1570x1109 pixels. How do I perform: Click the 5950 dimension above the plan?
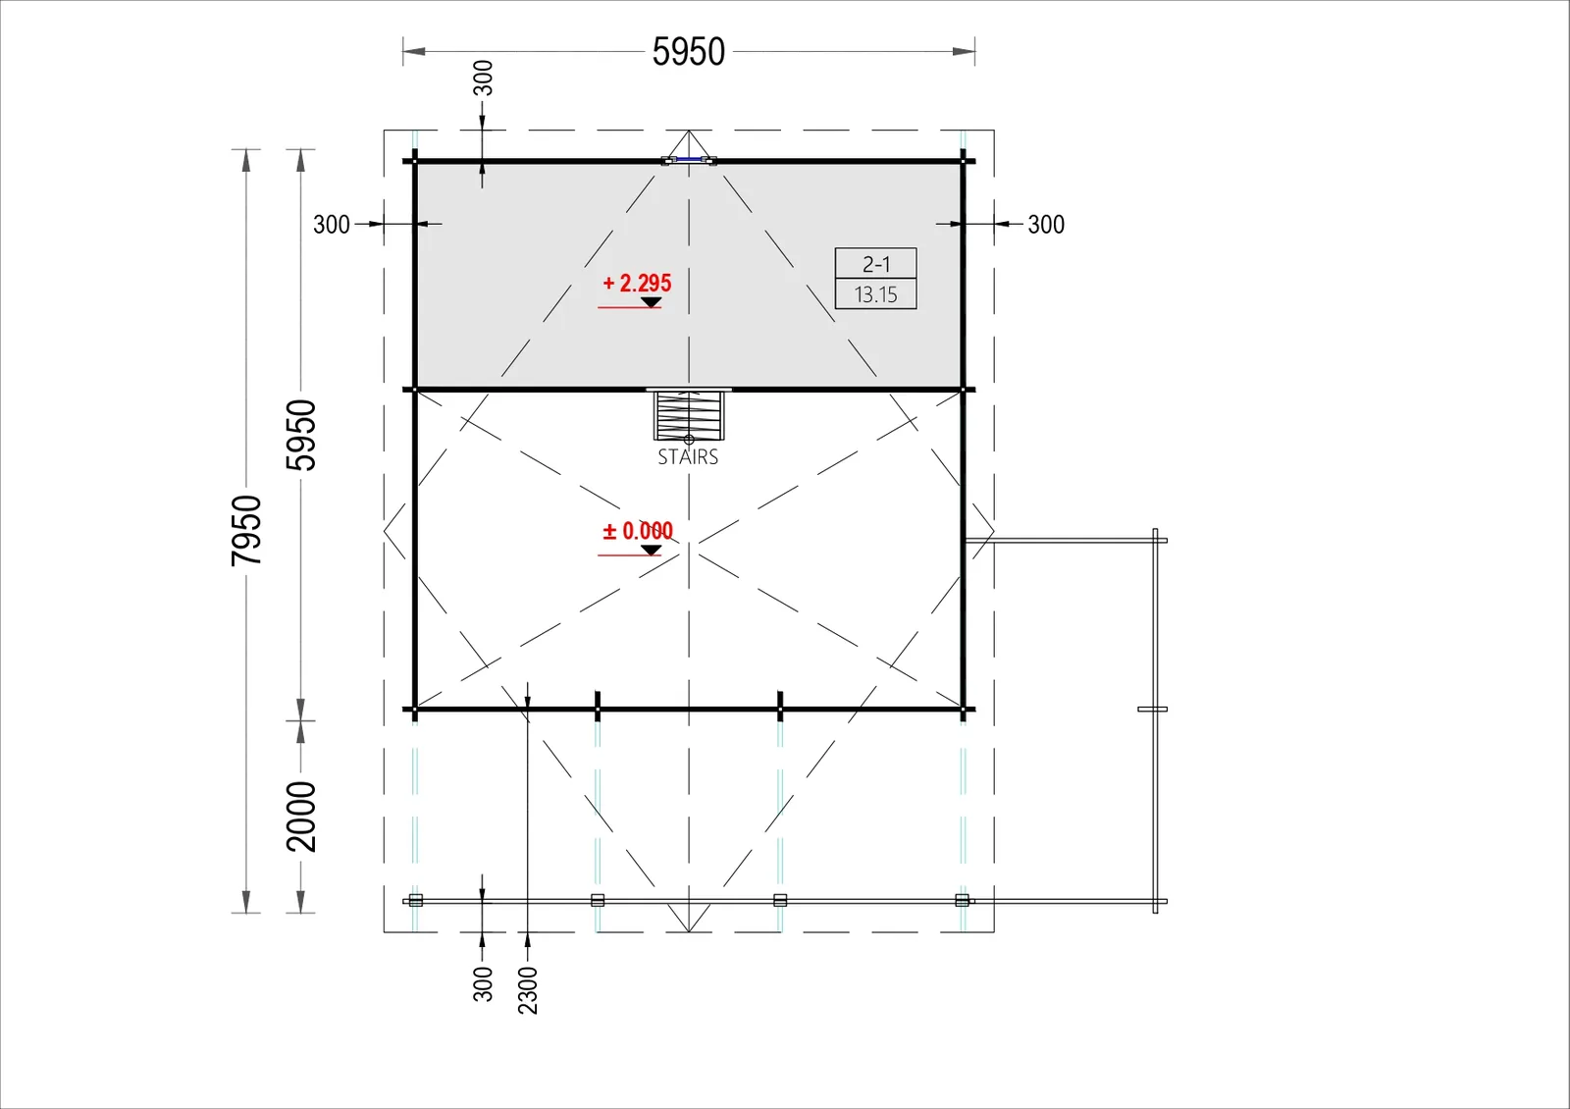click(x=688, y=52)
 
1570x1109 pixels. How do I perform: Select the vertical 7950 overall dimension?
click(x=246, y=531)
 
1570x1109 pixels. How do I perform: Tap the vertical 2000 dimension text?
click(x=301, y=817)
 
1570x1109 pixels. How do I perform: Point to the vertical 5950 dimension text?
click(x=301, y=436)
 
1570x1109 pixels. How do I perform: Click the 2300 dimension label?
click(x=528, y=990)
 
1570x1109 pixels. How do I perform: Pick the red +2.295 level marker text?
click(x=637, y=284)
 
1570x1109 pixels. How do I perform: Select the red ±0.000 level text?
click(x=638, y=531)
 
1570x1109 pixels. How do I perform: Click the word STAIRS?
click(x=688, y=457)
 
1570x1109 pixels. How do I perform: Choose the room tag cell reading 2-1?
click(x=876, y=264)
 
